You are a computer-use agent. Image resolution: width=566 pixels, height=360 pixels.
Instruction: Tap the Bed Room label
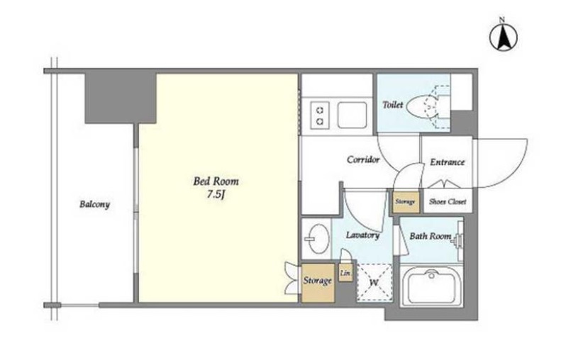[216, 181]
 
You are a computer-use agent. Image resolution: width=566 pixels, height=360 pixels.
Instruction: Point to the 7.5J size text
[216, 195]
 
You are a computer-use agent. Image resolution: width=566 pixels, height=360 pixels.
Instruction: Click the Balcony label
[94, 204]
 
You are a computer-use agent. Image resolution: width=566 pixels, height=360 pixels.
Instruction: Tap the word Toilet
[393, 105]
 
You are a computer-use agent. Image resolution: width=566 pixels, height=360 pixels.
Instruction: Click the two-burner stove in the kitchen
[320, 115]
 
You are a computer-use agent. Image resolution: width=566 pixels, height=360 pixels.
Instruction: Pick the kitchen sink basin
[353, 115]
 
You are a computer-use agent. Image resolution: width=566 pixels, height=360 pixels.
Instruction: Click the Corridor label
[363, 159]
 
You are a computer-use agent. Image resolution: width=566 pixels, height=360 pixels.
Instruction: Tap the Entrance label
[448, 162]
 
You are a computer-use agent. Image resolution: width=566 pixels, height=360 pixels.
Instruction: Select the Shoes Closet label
[448, 202]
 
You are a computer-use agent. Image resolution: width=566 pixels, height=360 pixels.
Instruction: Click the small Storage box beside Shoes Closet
[406, 202]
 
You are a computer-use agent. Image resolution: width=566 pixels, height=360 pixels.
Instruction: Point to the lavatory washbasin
[316, 238]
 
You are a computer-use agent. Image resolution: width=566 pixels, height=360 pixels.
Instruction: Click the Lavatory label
[362, 235]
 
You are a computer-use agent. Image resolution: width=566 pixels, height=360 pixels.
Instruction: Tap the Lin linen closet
[345, 273]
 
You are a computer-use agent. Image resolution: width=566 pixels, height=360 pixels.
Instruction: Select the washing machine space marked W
[374, 283]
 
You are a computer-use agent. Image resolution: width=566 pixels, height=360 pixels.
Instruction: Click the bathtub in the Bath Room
[431, 286]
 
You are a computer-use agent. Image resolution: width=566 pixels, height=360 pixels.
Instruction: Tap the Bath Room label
[431, 236]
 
